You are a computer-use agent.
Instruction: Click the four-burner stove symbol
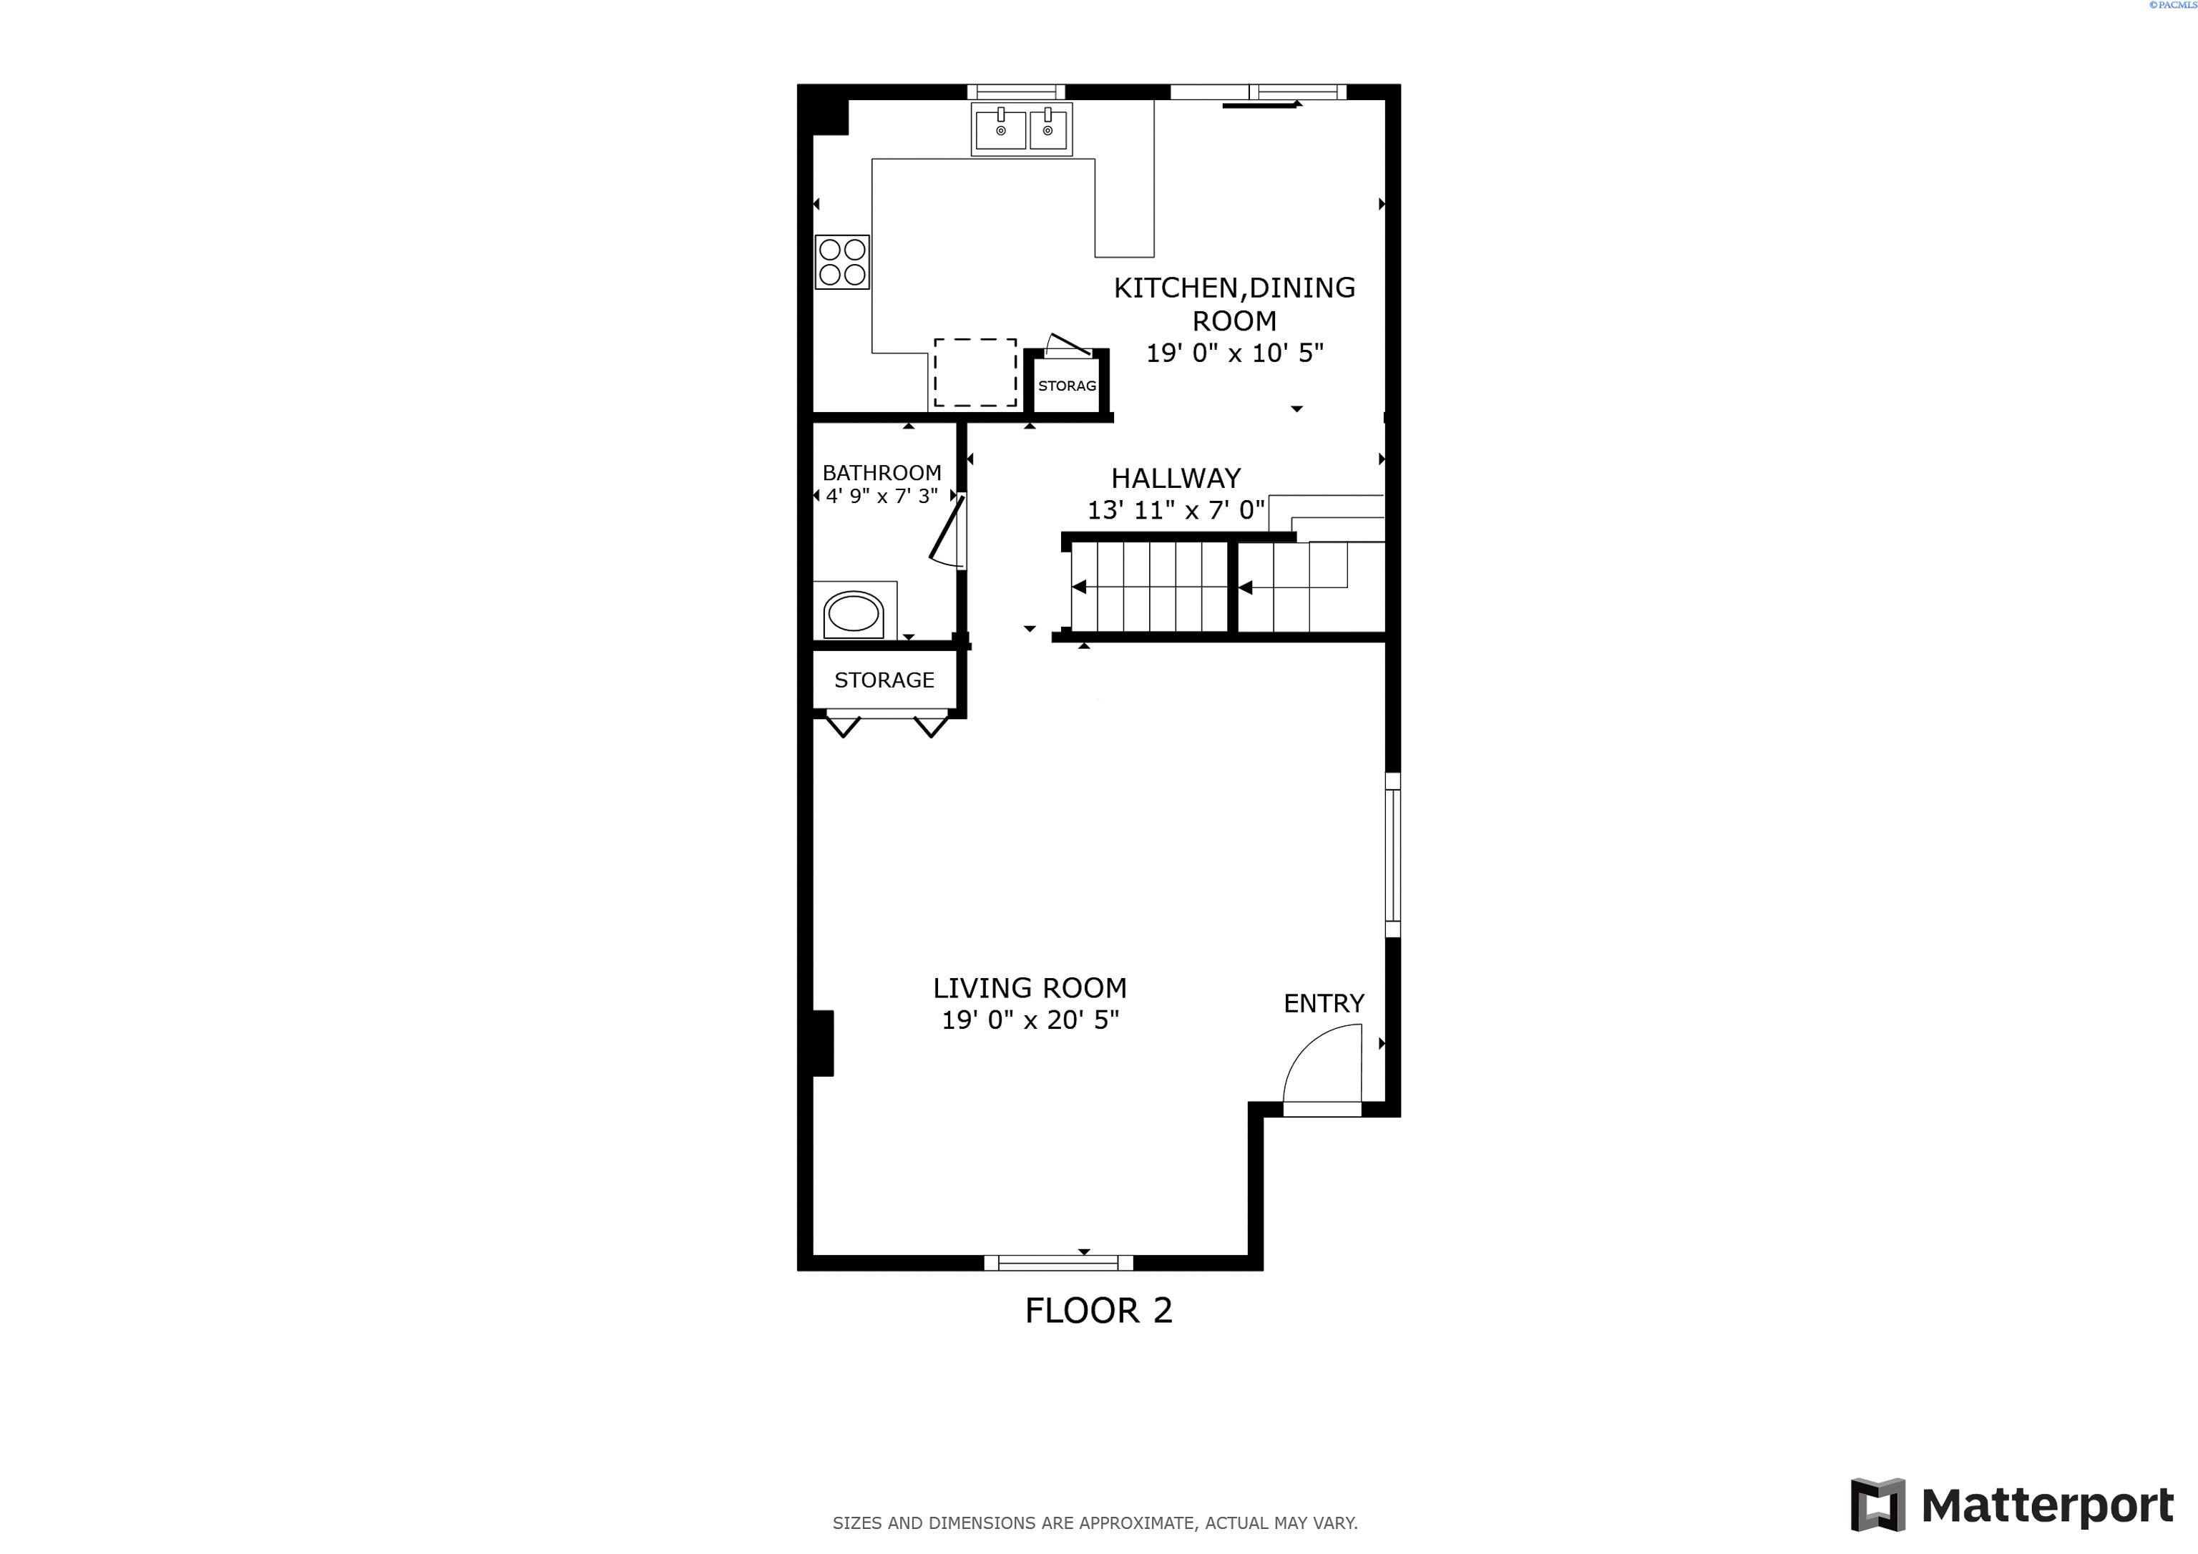click(842, 261)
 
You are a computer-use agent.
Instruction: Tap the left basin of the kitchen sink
click(1000, 129)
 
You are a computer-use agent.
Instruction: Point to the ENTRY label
click(1323, 1003)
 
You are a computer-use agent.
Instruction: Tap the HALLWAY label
click(1175, 478)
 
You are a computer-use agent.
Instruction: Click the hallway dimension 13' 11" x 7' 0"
click(1175, 509)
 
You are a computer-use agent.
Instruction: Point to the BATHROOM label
click(881, 472)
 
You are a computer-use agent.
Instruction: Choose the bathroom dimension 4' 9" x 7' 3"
click(881, 496)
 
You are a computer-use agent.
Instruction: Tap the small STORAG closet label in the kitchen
click(1067, 386)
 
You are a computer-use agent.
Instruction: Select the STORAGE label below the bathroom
click(884, 680)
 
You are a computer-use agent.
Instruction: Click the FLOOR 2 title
click(1098, 1310)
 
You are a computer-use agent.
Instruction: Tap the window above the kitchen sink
click(1016, 92)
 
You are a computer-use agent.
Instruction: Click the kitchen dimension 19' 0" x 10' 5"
click(1234, 352)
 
